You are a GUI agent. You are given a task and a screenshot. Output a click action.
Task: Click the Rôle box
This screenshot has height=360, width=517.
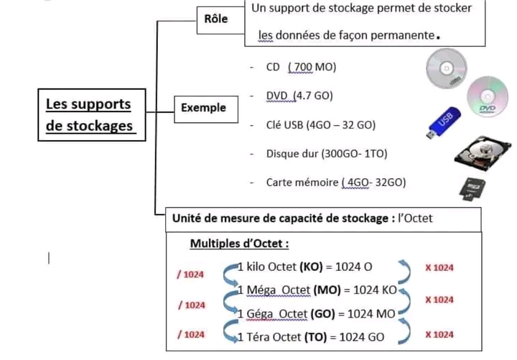(x=216, y=19)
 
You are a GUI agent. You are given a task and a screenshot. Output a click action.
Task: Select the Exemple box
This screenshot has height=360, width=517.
(x=203, y=108)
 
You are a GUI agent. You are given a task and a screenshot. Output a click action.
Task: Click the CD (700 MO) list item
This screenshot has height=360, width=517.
(x=301, y=67)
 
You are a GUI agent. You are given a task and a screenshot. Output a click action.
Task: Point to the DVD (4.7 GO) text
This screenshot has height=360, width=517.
(x=299, y=96)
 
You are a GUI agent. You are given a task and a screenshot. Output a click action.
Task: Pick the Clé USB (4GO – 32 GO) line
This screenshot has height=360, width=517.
(x=320, y=124)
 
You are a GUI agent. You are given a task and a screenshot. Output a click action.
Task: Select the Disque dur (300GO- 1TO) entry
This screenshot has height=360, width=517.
(x=327, y=154)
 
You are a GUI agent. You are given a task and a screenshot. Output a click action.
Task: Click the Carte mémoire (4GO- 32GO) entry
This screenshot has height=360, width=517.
(x=335, y=183)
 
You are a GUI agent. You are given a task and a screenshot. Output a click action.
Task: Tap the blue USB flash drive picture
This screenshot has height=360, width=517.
(x=439, y=124)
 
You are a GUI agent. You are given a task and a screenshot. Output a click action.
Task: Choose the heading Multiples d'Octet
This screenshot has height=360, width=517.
(x=239, y=243)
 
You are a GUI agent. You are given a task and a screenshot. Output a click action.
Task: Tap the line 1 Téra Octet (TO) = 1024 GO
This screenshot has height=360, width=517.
(x=311, y=336)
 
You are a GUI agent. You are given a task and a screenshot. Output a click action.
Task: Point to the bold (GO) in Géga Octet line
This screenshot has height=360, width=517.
(x=326, y=313)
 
